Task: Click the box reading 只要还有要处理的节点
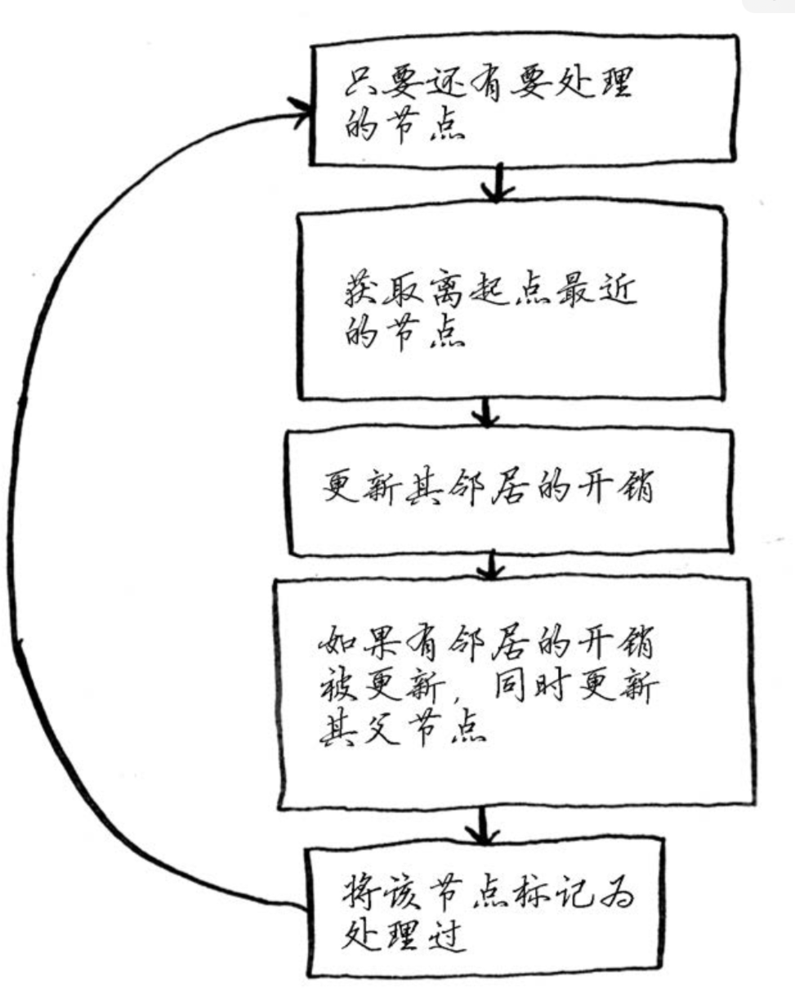(523, 100)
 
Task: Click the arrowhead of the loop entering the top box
(301, 115)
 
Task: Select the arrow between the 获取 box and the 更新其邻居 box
(488, 413)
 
